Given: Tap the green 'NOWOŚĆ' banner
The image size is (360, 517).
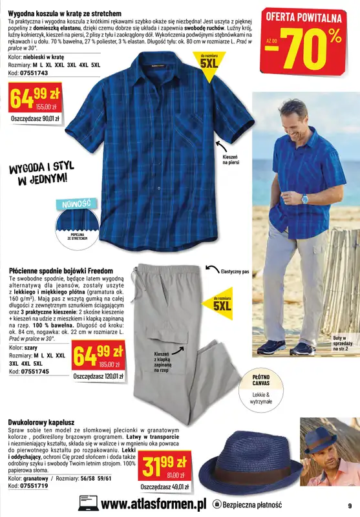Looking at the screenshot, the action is [78, 204].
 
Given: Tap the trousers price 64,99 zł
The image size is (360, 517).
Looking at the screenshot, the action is [99, 355].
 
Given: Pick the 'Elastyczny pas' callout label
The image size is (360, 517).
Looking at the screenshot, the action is [235, 271].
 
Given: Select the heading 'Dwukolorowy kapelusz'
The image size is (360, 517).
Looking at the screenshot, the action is [43, 423].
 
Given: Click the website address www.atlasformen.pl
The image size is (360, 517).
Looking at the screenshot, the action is [153, 503].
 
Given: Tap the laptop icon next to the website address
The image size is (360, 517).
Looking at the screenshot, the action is [88, 503].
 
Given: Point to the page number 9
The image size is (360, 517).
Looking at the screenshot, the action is [350, 505].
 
